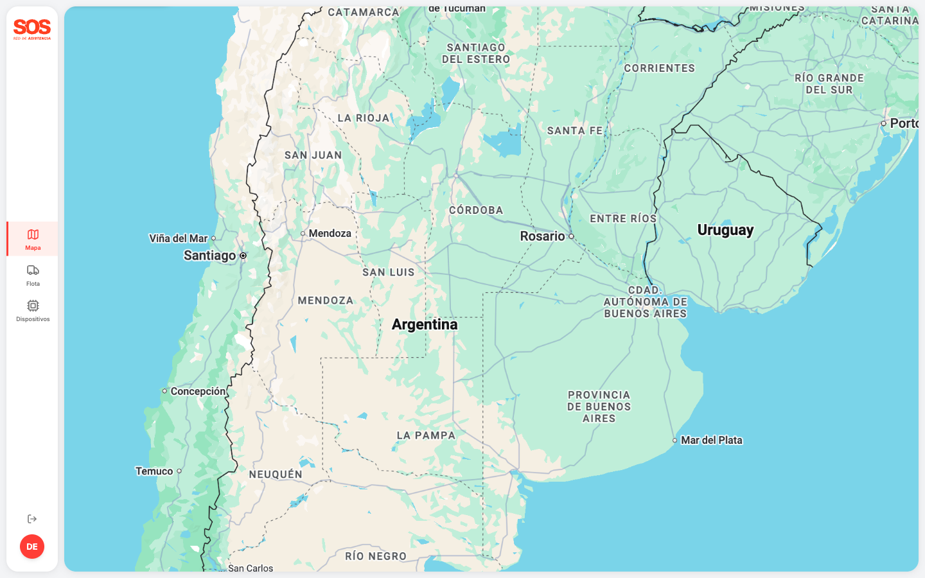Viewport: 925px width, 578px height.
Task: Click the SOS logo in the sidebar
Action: (32, 29)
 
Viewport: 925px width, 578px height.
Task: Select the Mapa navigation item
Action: (33, 239)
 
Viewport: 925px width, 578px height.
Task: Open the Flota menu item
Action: (33, 275)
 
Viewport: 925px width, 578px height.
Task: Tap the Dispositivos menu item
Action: (33, 310)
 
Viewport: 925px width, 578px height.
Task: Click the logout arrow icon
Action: (32, 519)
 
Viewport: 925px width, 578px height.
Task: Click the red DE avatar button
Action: (32, 547)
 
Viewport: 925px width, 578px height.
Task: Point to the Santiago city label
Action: (209, 256)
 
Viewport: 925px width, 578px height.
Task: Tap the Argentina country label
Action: (425, 324)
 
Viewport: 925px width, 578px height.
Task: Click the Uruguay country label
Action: (725, 230)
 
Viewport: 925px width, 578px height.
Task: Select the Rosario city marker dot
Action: (571, 236)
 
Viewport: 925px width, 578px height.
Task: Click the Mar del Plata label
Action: (711, 440)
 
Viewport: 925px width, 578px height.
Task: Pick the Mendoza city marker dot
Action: (303, 234)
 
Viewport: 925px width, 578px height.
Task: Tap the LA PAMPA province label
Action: (426, 435)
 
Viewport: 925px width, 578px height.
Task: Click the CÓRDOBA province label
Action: (476, 210)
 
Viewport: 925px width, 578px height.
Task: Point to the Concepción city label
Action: (198, 391)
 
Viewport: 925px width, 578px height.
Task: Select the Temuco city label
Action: (154, 471)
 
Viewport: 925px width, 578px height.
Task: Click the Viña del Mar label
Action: (179, 238)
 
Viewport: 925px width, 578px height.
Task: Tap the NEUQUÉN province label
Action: (276, 475)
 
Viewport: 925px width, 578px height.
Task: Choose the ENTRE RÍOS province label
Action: (623, 218)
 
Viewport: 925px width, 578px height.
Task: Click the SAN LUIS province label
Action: (389, 272)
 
